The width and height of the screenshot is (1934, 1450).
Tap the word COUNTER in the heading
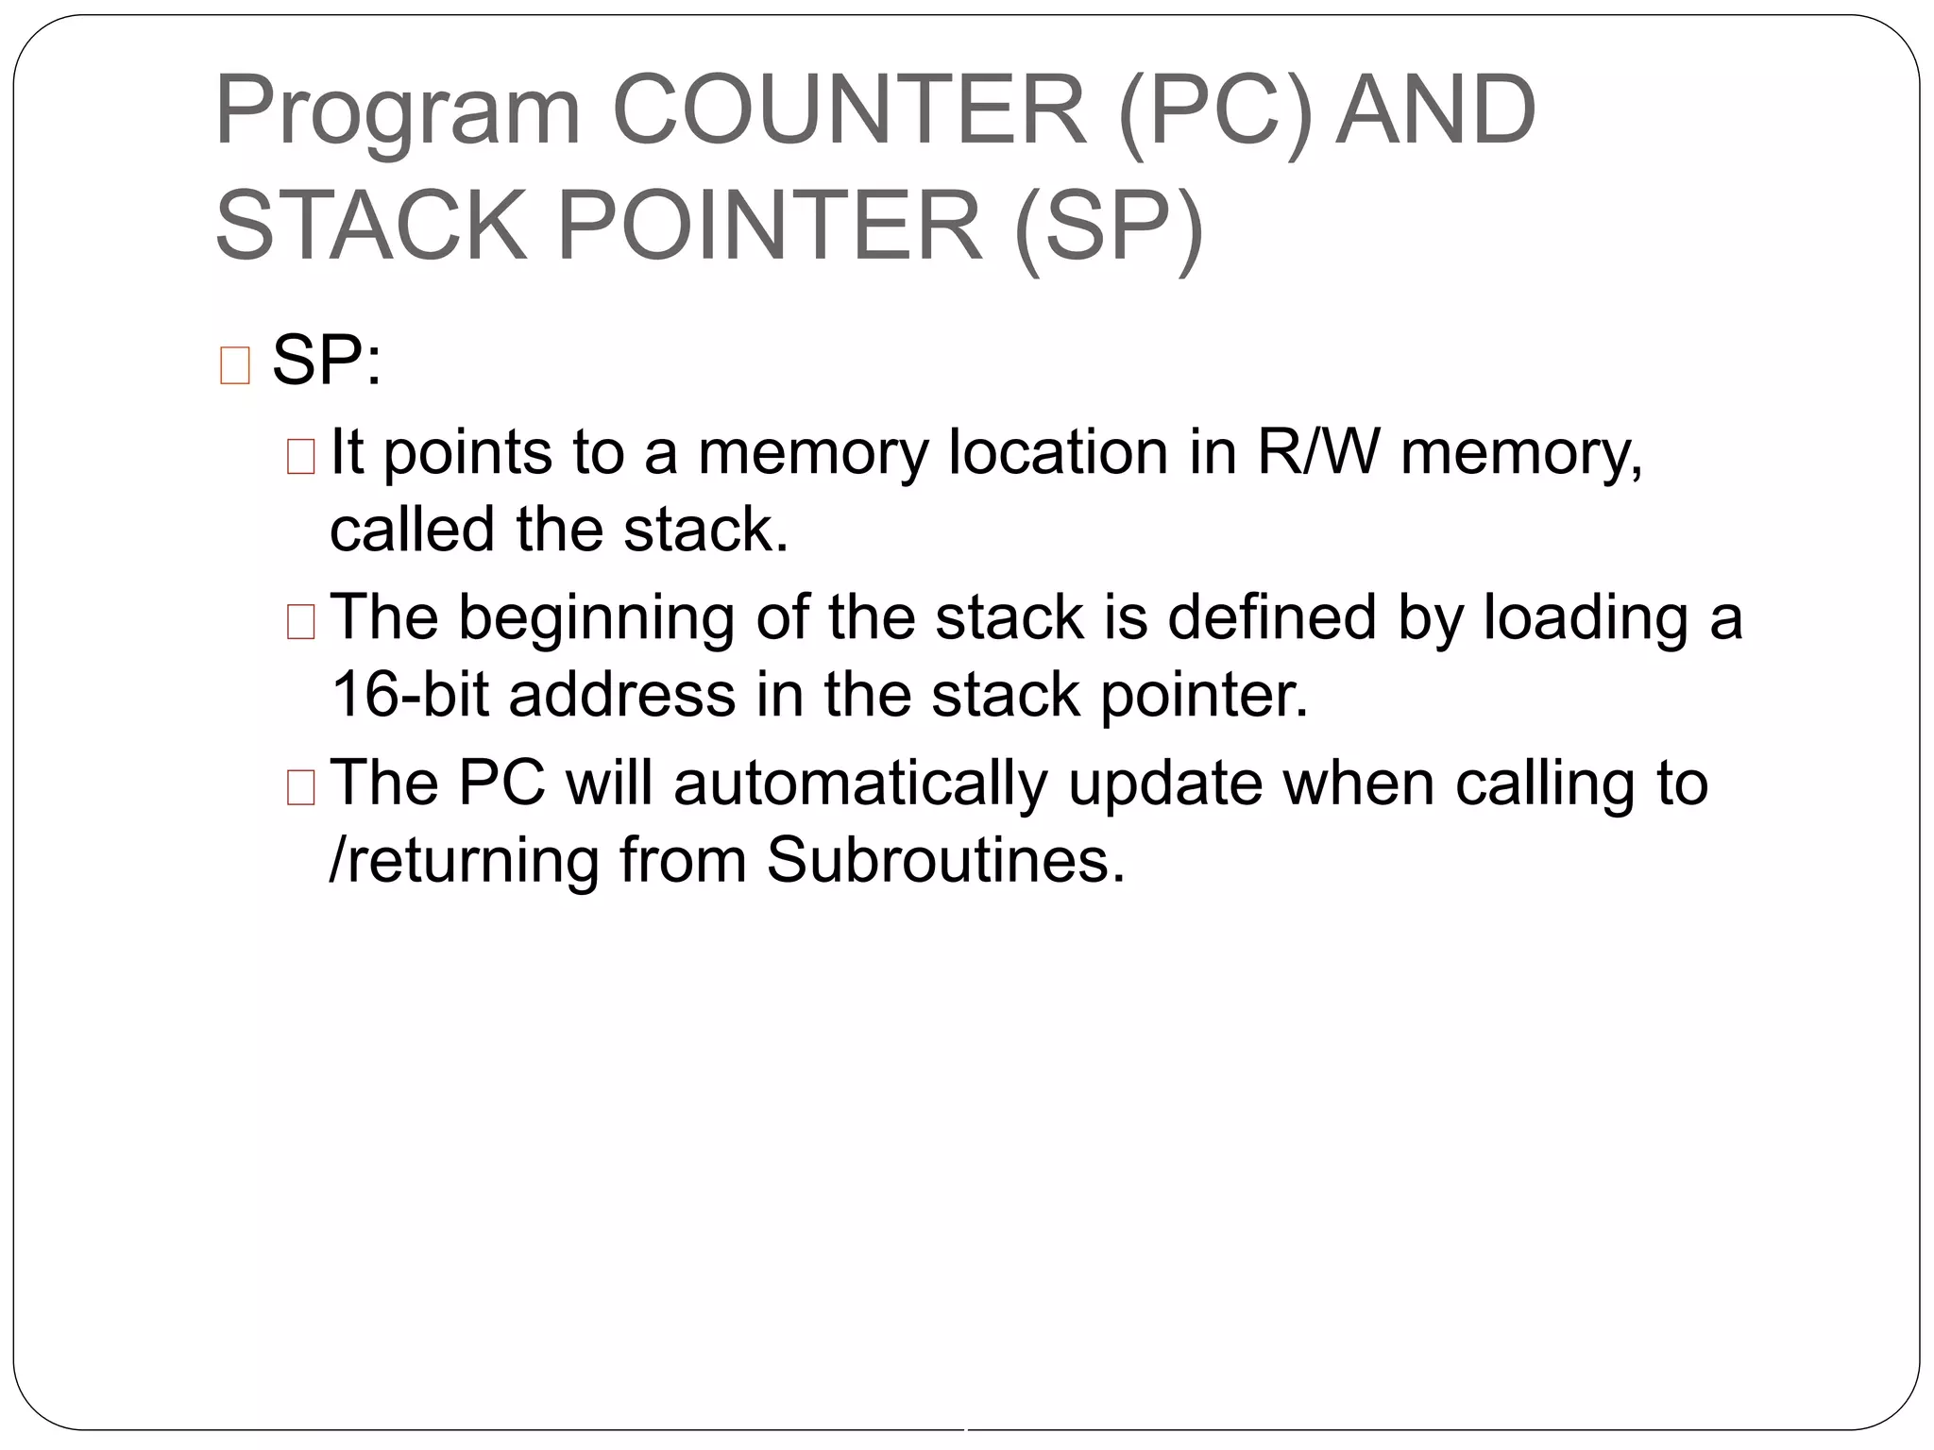[849, 110]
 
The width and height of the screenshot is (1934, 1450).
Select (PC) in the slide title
[1215, 112]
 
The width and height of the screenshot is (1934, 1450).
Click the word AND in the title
[1436, 110]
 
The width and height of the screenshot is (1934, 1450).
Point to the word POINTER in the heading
[770, 227]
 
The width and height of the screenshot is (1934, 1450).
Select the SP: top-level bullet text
[327, 361]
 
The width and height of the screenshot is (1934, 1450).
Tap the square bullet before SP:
[234, 365]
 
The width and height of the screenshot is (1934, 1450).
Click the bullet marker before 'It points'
[300, 457]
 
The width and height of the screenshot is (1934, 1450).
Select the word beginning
[596, 619]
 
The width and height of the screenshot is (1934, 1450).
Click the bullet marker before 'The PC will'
[300, 788]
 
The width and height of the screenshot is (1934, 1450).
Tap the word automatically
[860, 784]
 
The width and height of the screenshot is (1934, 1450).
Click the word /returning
[464, 862]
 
